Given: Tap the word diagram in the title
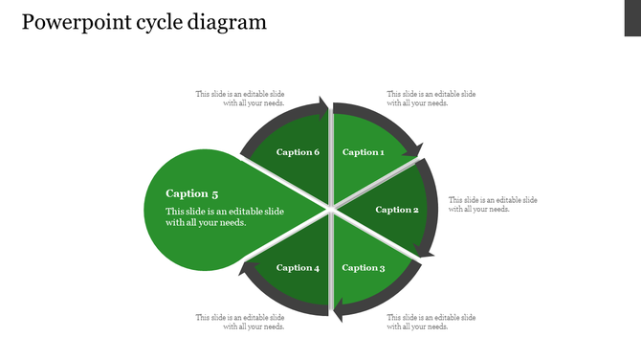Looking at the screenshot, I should point(228,22).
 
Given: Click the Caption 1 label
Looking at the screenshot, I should point(364,152).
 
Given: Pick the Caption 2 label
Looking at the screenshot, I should point(396,210).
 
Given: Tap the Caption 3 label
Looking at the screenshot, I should point(364,268).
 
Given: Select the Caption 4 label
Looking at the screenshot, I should point(298,268).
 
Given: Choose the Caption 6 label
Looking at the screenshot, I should point(298,152).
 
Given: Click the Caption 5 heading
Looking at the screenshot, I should point(192,193).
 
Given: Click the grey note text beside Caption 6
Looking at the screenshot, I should point(240,99).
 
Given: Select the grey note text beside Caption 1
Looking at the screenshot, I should point(431,99).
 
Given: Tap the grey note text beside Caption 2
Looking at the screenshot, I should point(493,204).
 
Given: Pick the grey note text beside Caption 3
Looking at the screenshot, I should point(431,322).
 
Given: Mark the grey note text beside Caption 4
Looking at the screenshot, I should point(240,322).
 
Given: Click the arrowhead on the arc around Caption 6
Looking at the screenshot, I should point(321,106).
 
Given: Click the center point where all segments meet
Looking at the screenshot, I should point(330,206).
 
